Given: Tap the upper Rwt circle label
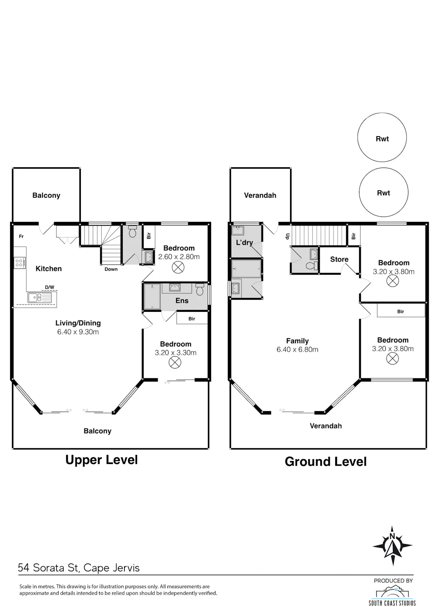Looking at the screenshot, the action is [x=382, y=139].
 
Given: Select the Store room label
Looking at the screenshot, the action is [x=339, y=259].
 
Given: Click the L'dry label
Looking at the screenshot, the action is [x=244, y=242].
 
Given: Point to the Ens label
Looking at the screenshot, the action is [x=182, y=301].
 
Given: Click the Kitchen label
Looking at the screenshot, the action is [x=49, y=268].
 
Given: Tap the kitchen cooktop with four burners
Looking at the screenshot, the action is [x=20, y=263].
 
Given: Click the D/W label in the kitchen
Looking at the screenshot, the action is [x=49, y=287].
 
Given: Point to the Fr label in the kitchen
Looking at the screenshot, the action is [x=21, y=236].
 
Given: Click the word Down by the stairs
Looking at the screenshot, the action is [x=111, y=269].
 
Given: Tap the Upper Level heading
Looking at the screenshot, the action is [x=101, y=460].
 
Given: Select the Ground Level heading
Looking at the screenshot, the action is [x=325, y=462].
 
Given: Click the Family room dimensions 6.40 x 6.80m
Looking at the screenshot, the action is [x=297, y=350].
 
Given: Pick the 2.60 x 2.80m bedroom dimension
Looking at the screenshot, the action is [x=179, y=257].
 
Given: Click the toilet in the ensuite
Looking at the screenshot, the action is [x=200, y=289].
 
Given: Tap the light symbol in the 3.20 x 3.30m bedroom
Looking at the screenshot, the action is [x=175, y=362].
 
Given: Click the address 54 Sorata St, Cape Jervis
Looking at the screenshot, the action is [x=79, y=568].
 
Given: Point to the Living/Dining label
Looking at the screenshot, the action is [x=78, y=323].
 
